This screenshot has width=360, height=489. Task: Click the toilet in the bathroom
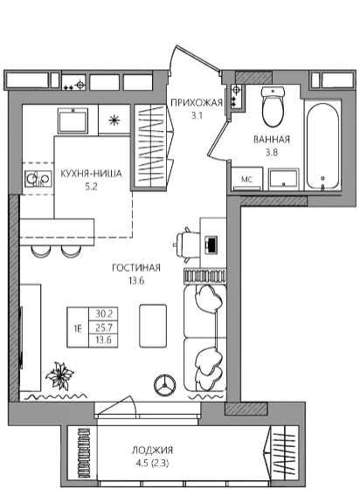tap(273, 107)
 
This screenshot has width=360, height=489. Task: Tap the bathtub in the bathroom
tap(322, 147)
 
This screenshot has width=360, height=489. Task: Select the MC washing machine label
tap(246, 180)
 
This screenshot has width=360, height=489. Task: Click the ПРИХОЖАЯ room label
tap(197, 103)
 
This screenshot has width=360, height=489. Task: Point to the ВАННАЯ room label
tap(272, 140)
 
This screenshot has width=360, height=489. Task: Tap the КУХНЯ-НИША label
tap(91, 174)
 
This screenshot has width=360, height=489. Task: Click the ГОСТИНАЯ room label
tap(136, 267)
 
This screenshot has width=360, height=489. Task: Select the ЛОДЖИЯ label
tap(152, 450)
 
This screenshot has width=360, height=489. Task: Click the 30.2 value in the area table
tap(104, 313)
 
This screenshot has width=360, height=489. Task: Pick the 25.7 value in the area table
tap(104, 327)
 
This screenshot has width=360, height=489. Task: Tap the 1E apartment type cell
tap(78, 328)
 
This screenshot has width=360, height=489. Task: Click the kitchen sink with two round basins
tap(38, 179)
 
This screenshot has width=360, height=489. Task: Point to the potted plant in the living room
tap(59, 375)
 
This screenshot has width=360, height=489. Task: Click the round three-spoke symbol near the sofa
tap(165, 385)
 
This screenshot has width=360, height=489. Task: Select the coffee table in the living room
tap(153, 326)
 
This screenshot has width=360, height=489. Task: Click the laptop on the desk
tap(211, 244)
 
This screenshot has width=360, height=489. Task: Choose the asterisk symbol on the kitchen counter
tap(114, 121)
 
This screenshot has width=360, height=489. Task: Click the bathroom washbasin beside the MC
tap(284, 179)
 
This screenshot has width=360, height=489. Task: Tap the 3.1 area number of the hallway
tap(197, 116)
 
